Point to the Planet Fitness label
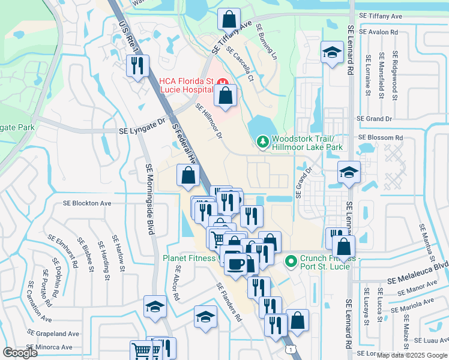189,259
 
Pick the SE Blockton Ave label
87,203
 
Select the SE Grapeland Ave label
53,334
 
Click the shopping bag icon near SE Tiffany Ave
229,19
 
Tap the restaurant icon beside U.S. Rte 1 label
138,65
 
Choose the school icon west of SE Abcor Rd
155,307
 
